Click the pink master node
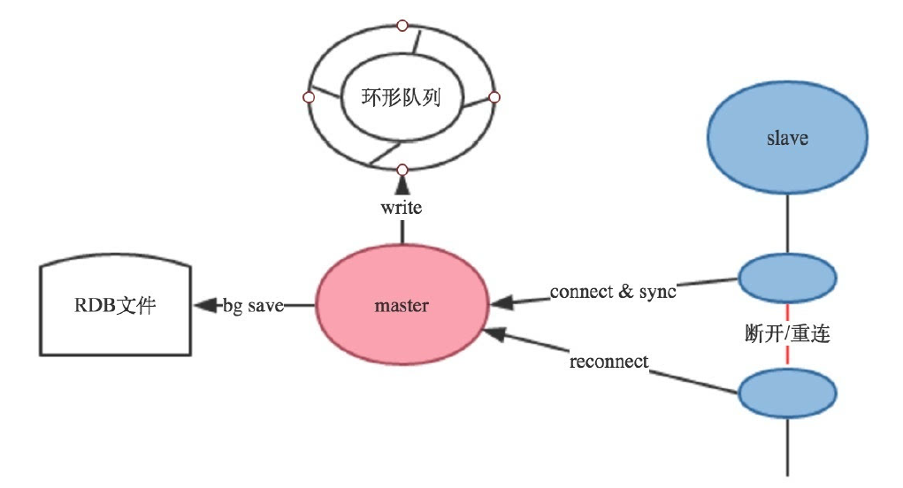[x=402, y=306]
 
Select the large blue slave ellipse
[x=786, y=139]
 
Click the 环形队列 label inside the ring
[x=402, y=96]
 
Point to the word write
[x=402, y=209]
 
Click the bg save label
[x=253, y=306]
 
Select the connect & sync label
[x=613, y=291]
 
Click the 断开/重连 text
[x=786, y=335]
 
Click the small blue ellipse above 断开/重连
[x=786, y=278]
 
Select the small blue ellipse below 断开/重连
[x=786, y=393]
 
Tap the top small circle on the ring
[x=402, y=24]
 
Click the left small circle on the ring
[x=309, y=96]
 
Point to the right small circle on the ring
[x=494, y=96]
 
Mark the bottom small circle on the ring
[x=402, y=169]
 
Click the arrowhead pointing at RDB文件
[x=205, y=306]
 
